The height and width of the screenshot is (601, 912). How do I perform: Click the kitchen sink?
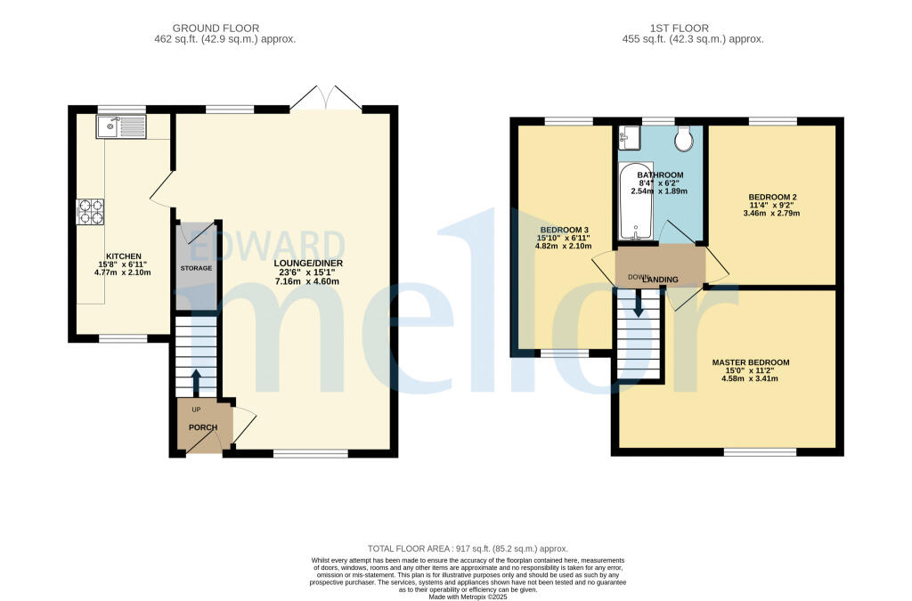tap(121, 128)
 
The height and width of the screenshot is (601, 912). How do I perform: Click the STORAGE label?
tap(197, 267)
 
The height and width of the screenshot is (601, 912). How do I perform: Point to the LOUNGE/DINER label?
tap(308, 264)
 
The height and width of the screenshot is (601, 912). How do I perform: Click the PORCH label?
tap(202, 427)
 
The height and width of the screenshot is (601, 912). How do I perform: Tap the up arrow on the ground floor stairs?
tap(196, 381)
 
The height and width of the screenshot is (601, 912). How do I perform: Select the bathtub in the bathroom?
tap(636, 202)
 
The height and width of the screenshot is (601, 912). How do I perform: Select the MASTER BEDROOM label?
tap(750, 362)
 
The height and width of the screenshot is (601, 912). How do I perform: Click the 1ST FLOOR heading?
tap(694, 27)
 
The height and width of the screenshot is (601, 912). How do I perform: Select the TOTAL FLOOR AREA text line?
tap(468, 548)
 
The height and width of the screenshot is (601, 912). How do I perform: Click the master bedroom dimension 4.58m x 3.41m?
tap(750, 378)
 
